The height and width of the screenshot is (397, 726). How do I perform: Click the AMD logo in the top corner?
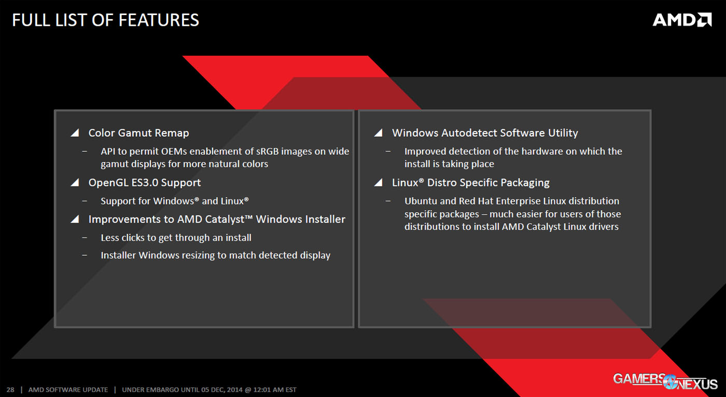pos(682,20)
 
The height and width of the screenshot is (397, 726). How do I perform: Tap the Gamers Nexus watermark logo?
pos(665,381)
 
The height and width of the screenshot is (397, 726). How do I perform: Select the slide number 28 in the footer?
pos(10,390)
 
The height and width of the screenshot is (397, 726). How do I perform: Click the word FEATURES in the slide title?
pos(159,20)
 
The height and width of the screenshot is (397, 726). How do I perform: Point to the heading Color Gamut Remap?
pos(138,133)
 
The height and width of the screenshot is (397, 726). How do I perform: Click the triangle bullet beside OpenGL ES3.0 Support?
pos(75,183)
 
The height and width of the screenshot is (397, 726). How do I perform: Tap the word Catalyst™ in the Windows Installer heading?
pos(228,219)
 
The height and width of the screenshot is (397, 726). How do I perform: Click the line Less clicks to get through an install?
pos(176,238)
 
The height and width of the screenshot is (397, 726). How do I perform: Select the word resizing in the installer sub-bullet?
pos(197,255)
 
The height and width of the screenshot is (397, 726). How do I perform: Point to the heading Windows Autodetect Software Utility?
pos(485,133)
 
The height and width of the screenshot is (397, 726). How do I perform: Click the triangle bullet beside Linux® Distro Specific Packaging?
pos(379,183)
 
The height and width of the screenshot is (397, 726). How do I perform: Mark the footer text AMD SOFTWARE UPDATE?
pos(68,390)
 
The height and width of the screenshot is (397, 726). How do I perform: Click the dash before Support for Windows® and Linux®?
pos(85,201)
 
